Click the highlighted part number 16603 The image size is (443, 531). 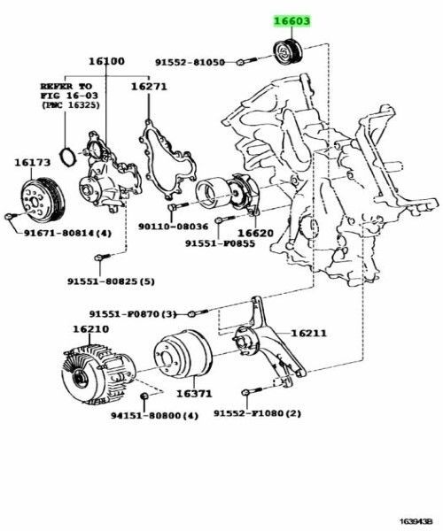click(291, 22)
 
